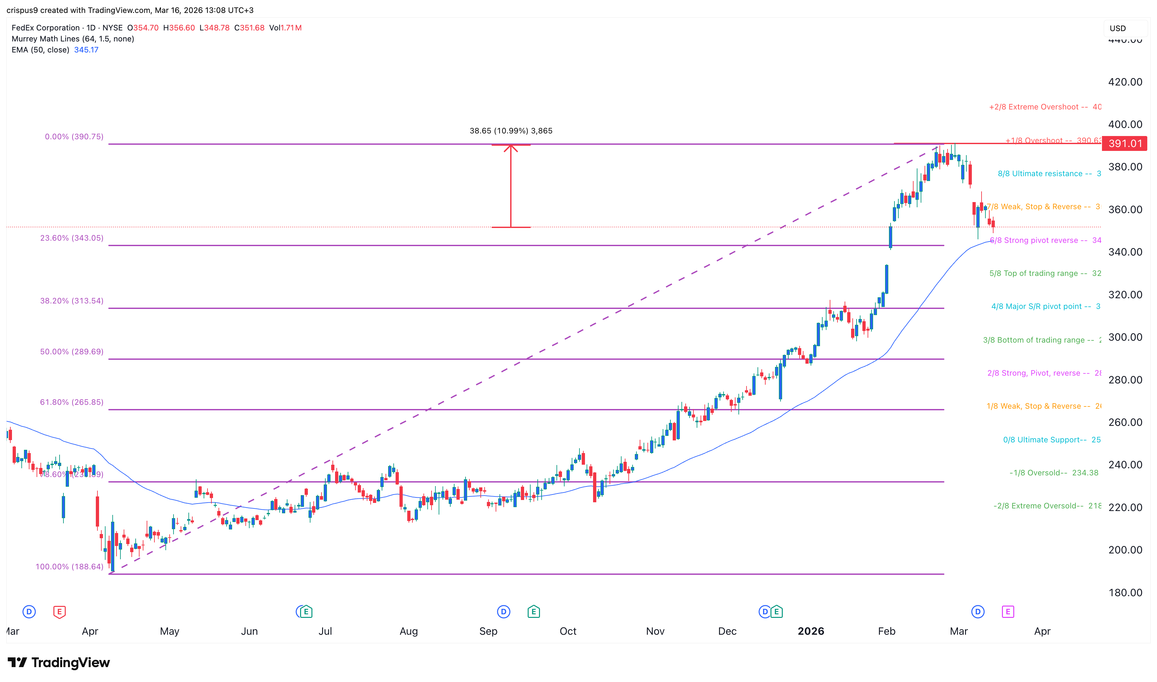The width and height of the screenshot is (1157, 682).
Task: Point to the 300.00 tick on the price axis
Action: point(1125,337)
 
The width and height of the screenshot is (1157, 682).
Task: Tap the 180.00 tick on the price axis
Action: point(1125,593)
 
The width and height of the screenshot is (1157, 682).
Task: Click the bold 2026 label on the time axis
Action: point(811,631)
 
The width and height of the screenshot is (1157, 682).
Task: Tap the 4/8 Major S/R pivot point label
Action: point(1041,307)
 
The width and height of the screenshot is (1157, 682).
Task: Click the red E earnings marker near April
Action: point(59,612)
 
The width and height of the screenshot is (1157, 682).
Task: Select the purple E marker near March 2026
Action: point(1008,612)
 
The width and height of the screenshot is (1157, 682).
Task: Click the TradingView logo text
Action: point(70,663)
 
